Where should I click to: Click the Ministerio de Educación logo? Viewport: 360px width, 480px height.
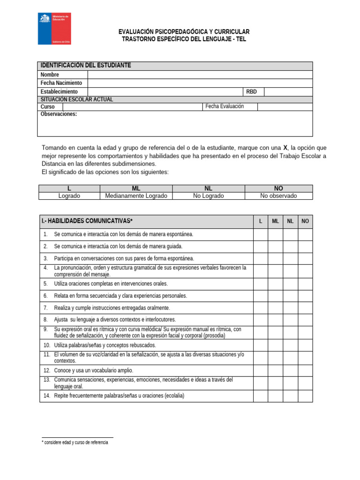tap(54, 29)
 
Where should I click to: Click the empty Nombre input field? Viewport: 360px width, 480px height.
tap(200, 75)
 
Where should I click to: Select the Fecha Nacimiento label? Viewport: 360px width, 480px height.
tap(61, 83)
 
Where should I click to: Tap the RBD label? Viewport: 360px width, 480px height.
tap(252, 91)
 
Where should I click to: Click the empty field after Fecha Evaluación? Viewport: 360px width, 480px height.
tap(285, 106)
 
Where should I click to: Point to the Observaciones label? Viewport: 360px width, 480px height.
tap(59, 114)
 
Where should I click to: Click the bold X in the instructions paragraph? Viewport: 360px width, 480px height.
tap(285, 147)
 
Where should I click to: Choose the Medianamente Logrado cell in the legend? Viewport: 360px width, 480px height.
tap(136, 196)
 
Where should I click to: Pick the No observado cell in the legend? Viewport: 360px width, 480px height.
tap(278, 196)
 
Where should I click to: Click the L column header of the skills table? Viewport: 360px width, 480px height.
tap(261, 221)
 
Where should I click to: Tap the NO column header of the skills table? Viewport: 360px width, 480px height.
tap(305, 221)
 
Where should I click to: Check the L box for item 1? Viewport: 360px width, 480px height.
tap(261, 234)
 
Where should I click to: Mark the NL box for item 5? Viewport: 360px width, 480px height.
tap(290, 284)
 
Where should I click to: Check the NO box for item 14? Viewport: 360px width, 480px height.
tap(305, 396)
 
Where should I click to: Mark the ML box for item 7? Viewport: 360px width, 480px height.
tap(276, 308)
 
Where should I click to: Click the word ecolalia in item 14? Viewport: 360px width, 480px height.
tap(172, 396)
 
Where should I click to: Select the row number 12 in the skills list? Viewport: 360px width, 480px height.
tap(47, 370)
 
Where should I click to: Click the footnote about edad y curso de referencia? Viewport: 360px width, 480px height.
tap(75, 442)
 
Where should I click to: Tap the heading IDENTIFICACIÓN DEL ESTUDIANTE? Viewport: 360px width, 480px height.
tap(86, 66)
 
